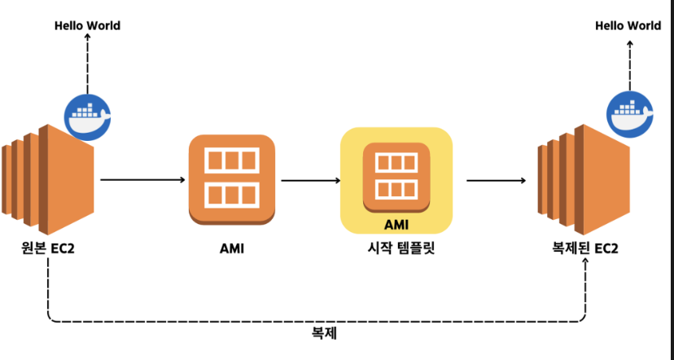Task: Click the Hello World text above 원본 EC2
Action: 87,26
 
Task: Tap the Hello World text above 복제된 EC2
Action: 628,26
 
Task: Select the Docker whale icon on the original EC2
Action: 88,118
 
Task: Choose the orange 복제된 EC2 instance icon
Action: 585,171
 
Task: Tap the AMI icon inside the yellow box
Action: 396,173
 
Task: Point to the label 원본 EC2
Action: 49,248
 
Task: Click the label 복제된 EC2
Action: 584,248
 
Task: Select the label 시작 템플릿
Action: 396,248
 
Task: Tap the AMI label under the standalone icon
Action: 231,248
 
